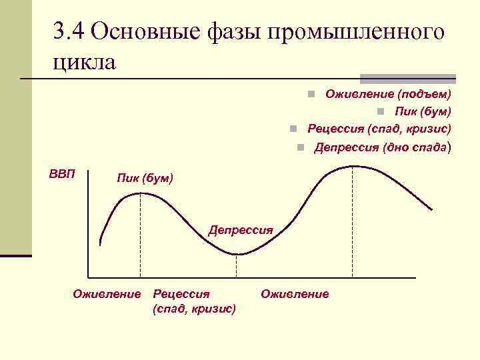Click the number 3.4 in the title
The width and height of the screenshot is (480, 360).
tap(69, 31)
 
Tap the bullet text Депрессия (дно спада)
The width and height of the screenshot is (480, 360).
tap(383, 147)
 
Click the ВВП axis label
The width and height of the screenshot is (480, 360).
tap(62, 175)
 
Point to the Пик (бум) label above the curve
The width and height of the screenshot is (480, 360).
tap(144, 178)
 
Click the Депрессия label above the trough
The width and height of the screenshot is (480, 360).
tap(241, 230)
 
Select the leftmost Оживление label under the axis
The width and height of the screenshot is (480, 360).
tap(107, 293)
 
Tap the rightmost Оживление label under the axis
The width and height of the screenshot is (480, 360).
tap(295, 293)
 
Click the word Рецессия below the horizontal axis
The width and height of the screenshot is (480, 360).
tap(181, 293)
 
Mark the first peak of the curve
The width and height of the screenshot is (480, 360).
tap(141, 193)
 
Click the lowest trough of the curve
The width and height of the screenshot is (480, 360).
tap(238, 254)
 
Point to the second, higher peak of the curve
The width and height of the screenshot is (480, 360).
tap(353, 165)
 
